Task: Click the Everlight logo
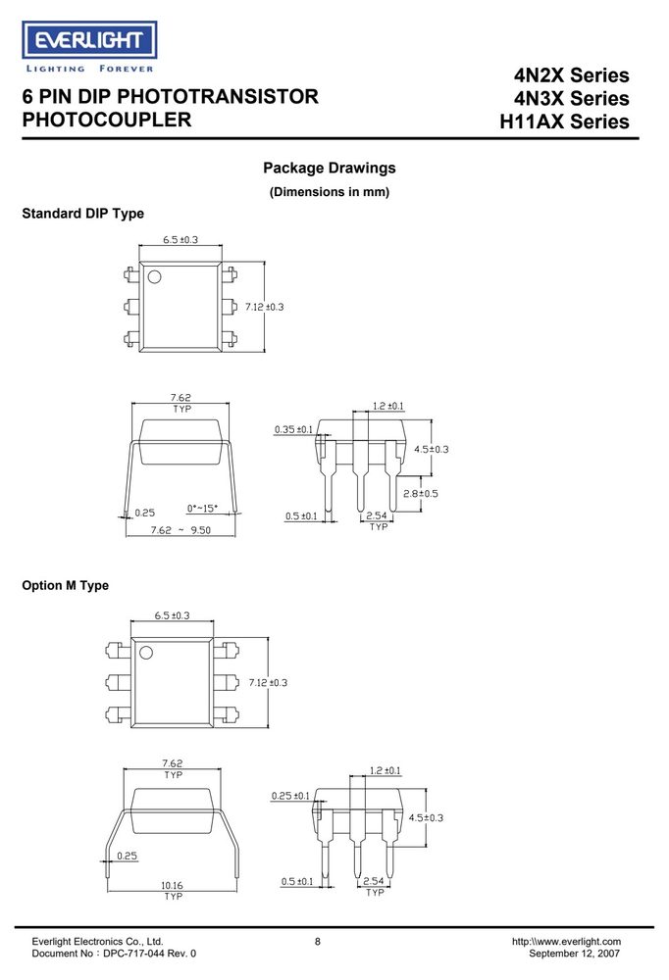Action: (x=89, y=47)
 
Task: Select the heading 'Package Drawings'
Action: (x=330, y=169)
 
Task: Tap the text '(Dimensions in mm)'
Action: (x=330, y=192)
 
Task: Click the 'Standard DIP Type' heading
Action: (x=82, y=214)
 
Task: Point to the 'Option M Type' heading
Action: (x=65, y=586)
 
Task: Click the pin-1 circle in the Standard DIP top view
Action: (x=154, y=277)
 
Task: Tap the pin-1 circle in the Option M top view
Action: (x=146, y=653)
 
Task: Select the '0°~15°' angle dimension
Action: (x=203, y=508)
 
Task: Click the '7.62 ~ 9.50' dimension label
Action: (x=180, y=530)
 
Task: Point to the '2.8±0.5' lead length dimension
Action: (x=421, y=494)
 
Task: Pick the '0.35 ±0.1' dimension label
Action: (x=293, y=429)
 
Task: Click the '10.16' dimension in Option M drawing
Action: (x=172, y=885)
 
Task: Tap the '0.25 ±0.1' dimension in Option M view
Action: (x=290, y=796)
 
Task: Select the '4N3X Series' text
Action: (x=571, y=98)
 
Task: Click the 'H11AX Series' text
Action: (x=564, y=122)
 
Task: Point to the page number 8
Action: (x=317, y=941)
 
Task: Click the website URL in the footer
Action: (x=566, y=941)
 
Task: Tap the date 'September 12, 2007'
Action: (x=575, y=954)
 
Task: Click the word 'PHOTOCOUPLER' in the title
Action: (x=106, y=120)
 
